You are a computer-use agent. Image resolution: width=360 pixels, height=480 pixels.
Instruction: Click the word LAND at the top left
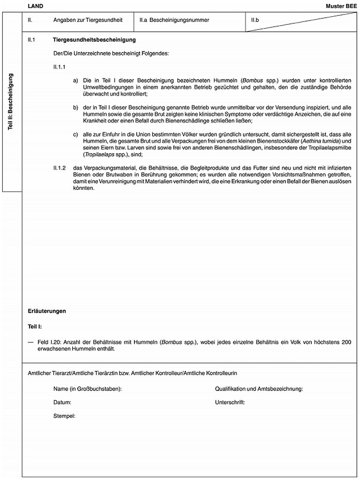coord(36,6)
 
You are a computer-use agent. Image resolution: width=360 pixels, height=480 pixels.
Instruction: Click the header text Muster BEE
coord(341,6)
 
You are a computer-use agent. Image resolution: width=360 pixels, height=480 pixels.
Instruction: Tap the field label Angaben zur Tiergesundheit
coord(88,21)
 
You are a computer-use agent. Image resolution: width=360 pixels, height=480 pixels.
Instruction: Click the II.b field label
coord(256,21)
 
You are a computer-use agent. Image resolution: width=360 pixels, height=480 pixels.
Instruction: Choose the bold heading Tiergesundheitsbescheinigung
coord(95,41)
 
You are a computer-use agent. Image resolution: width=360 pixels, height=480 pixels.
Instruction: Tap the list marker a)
coord(75,80)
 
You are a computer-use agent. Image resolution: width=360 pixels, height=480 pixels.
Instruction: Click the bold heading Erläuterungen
coord(47,311)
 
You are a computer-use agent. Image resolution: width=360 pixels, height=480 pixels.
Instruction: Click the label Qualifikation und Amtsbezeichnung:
coord(259,389)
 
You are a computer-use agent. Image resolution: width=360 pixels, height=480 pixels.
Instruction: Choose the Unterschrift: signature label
coord(230,402)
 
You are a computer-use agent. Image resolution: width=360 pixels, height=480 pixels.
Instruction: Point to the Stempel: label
coord(65,415)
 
